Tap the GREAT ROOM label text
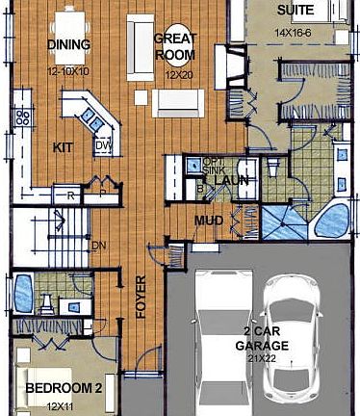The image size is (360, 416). coord(176,47)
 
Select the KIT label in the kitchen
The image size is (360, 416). coord(63,147)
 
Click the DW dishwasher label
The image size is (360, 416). coord(103,145)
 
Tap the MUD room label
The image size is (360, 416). coord(209,221)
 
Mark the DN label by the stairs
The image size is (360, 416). coord(97,245)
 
